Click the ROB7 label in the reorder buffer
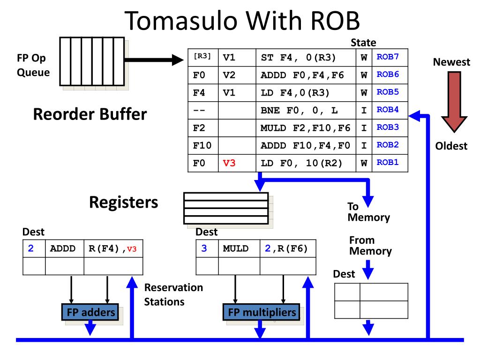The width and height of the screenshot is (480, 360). tap(388, 57)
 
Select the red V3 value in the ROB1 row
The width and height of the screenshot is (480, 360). tap(229, 163)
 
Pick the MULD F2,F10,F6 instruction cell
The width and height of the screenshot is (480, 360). tap(306, 127)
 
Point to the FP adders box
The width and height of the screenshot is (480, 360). tap(90, 312)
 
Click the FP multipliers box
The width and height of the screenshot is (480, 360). tap(262, 312)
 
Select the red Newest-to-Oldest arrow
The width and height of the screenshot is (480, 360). tap(454, 102)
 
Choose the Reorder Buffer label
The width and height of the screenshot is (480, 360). tap(90, 114)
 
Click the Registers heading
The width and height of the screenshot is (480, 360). tap(124, 202)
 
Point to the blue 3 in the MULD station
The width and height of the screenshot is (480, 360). tap(204, 248)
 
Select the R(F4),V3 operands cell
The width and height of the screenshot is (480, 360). tap(112, 248)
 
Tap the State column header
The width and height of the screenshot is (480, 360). tap(363, 43)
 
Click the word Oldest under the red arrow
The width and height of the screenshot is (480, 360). tap(451, 146)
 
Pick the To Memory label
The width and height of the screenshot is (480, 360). tap(368, 212)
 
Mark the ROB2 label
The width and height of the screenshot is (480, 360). tap(388, 145)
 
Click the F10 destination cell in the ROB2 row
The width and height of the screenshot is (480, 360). tap(202, 145)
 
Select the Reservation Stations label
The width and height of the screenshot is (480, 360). tap(173, 294)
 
